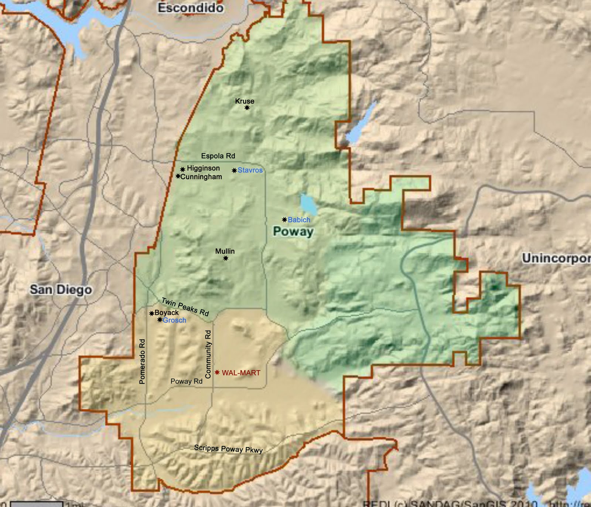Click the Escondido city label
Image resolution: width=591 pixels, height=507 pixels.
190,8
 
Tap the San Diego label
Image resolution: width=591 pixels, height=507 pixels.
61,289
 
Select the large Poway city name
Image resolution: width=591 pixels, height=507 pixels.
293,232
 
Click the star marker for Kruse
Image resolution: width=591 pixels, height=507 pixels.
247,108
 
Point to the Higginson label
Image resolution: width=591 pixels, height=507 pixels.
203,168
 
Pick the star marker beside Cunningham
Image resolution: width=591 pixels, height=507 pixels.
178,176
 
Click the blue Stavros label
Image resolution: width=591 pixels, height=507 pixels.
250,170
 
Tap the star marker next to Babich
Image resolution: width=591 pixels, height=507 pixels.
284,220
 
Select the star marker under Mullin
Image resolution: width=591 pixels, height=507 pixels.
226,258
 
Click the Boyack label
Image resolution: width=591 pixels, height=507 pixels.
167,313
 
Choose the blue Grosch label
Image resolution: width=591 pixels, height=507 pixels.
174,320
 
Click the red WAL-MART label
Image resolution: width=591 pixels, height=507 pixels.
241,373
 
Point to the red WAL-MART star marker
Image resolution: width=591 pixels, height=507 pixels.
217,372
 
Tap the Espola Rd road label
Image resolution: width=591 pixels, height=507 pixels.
218,156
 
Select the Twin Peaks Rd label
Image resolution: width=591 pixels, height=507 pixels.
185,307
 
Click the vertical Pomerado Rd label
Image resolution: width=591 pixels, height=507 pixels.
142,361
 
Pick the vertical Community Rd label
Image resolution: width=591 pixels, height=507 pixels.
208,354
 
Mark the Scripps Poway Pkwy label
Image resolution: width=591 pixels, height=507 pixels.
228,449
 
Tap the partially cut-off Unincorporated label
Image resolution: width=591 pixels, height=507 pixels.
556,258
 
